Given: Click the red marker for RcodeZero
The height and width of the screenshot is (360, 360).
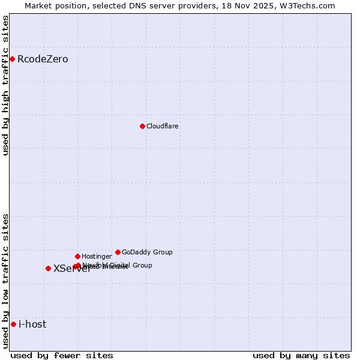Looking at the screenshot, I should pos(12,59).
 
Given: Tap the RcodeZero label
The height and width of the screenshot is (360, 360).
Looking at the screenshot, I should pos(43,59).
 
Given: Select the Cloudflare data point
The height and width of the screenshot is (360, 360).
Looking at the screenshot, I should pos(142,126).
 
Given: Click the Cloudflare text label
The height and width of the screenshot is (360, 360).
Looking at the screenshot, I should pos(163,127).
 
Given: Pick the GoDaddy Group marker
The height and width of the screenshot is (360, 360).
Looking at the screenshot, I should pos(118,252).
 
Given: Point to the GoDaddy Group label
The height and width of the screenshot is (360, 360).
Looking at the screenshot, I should pos(147,253).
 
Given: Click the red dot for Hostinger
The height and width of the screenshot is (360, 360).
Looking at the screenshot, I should pos(77,256).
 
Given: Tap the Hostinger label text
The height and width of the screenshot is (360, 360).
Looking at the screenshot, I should pos(97,257).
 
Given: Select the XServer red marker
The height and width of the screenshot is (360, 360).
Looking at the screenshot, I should pos(48,268).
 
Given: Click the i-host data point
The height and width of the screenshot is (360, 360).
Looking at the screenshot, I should pos(13,324).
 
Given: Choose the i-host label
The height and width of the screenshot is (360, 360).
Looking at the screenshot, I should pos(32,325).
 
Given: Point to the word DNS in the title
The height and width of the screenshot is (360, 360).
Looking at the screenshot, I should pos(157,6).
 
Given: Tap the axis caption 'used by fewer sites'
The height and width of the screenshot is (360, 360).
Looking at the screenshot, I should pos(62,355).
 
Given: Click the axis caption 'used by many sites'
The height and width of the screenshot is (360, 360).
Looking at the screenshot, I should pos(301,355).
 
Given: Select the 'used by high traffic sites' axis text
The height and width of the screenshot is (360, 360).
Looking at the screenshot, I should pos(6,85).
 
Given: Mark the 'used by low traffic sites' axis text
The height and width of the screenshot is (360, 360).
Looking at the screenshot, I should pos(6,280).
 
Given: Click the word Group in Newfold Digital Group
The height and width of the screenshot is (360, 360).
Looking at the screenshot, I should pos(142,265).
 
